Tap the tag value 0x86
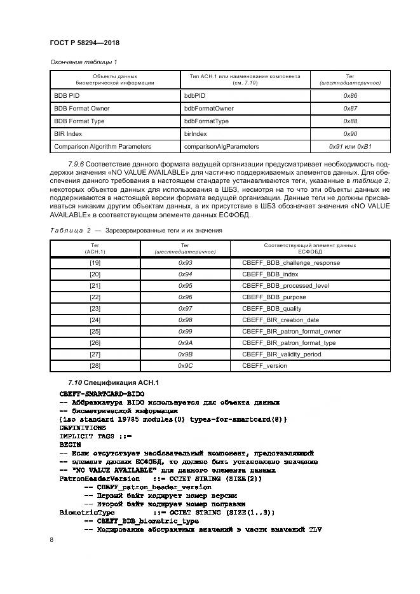pyautogui.click(x=350, y=95)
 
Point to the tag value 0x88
pyautogui.click(x=350, y=121)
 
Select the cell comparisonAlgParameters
pyautogui.click(x=222, y=147)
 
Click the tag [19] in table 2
pyautogui.click(x=95, y=263)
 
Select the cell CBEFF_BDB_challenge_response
pyautogui.click(x=291, y=263)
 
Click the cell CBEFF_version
pyautogui.click(x=264, y=366)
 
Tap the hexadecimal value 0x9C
pyautogui.click(x=185, y=366)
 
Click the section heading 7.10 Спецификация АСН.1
pyautogui.click(x=112, y=382)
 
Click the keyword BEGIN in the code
pyautogui.click(x=70, y=445)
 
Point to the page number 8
pyautogui.click(x=51, y=539)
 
